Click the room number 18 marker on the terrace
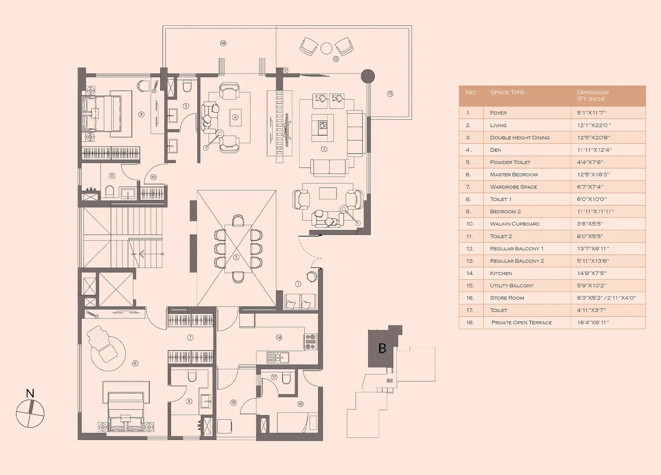[223, 43]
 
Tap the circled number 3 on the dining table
[236, 257]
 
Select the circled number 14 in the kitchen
[279, 337]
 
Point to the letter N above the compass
[30, 393]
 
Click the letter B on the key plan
[382, 348]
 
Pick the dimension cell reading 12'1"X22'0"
[594, 125]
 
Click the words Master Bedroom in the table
[514, 174]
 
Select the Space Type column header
[507, 92]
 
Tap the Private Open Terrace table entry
[522, 322]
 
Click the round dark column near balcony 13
[368, 76]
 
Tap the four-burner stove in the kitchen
[310, 342]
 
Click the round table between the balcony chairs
[326, 48]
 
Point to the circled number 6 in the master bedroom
[135, 363]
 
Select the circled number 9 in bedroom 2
[141, 114]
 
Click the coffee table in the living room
[323, 125]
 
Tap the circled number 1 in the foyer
[298, 284]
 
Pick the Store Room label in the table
[507, 298]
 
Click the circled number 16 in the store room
[300, 404]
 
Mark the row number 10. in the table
[470, 224]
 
